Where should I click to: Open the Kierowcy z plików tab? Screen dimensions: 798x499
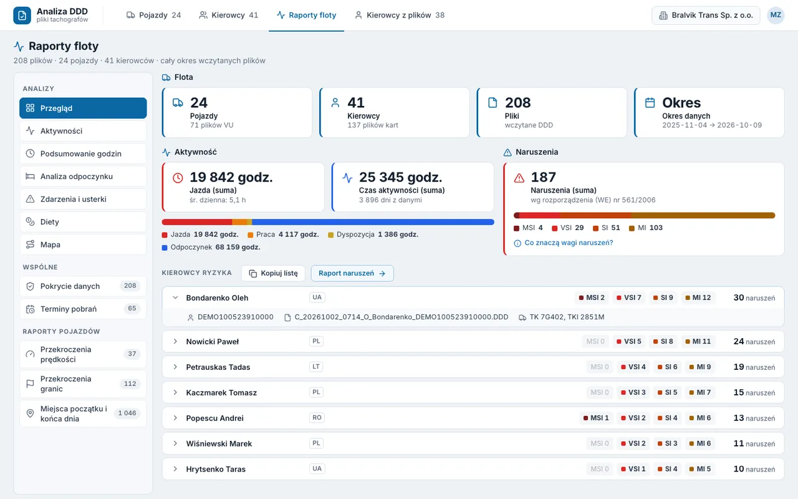click(x=400, y=15)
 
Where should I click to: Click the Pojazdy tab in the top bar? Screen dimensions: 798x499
click(x=153, y=15)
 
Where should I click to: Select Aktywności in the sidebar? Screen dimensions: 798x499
click(x=83, y=131)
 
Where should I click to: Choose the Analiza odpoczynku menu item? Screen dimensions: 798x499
click(x=83, y=177)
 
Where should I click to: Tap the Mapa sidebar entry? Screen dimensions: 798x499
click(x=83, y=245)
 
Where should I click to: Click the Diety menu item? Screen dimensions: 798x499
click(x=83, y=221)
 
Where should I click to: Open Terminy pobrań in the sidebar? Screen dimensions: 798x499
click(x=83, y=309)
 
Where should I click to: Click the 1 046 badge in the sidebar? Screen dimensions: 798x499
click(x=127, y=413)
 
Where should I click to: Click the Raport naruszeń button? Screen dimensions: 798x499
click(x=352, y=273)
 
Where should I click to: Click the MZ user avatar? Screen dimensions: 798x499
click(x=776, y=15)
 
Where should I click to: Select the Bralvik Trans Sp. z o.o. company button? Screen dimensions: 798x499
click(x=706, y=16)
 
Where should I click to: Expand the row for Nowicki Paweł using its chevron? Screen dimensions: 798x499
click(x=175, y=341)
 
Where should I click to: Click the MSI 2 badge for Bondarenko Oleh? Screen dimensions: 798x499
click(x=592, y=298)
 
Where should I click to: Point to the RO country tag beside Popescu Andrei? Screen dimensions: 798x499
click(x=317, y=418)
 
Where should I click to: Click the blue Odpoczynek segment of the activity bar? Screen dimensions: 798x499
click(x=373, y=222)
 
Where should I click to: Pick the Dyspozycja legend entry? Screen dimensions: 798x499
click(x=373, y=235)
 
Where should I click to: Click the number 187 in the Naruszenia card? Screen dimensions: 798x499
click(x=543, y=177)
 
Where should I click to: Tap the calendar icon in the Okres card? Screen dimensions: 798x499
click(x=650, y=103)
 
